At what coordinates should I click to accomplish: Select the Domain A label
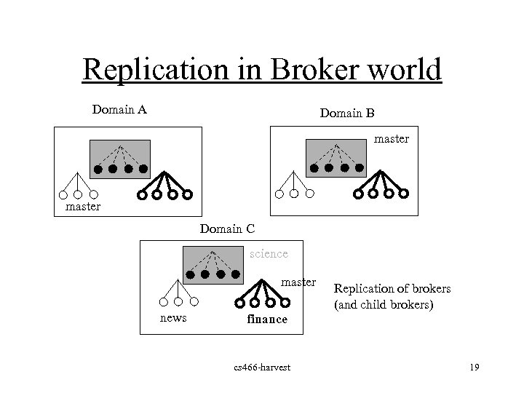120,110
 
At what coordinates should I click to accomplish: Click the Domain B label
347,113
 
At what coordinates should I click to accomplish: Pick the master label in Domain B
392,138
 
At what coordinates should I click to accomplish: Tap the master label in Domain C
298,282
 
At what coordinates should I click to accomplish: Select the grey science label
269,254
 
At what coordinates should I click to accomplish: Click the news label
173,318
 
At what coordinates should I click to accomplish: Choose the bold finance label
267,319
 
